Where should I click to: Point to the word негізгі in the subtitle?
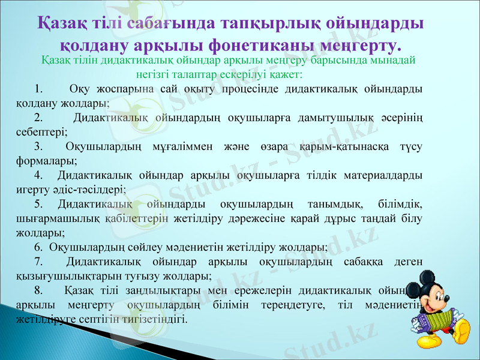(157, 75)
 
